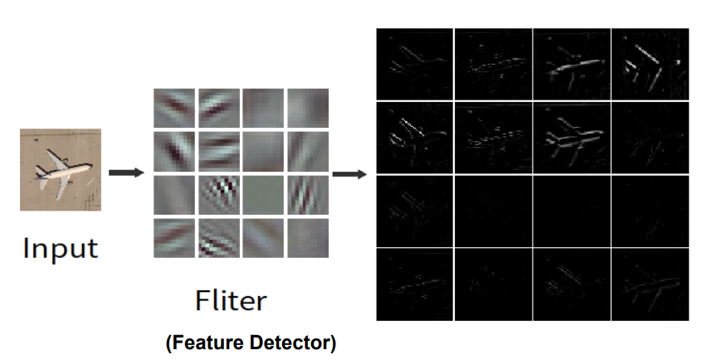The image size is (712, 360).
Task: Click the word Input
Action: pyautogui.click(x=60, y=247)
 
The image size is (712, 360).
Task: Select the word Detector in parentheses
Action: pyautogui.click(x=295, y=341)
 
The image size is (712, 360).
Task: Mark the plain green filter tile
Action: pyautogui.click(x=264, y=195)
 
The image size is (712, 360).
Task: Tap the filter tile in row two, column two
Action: pyautogui.click(x=218, y=151)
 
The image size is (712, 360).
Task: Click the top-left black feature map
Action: pyautogui.click(x=414, y=65)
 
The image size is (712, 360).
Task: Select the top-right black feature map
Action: pyautogui.click(x=649, y=65)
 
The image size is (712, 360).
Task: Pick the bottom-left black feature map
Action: pyautogui.click(x=414, y=284)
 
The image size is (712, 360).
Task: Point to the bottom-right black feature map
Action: pyautogui.click(x=649, y=284)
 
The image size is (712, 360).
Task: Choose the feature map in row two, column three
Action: pyautogui.click(x=571, y=137)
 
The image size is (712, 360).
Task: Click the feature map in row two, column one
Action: pyautogui.click(x=414, y=137)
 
